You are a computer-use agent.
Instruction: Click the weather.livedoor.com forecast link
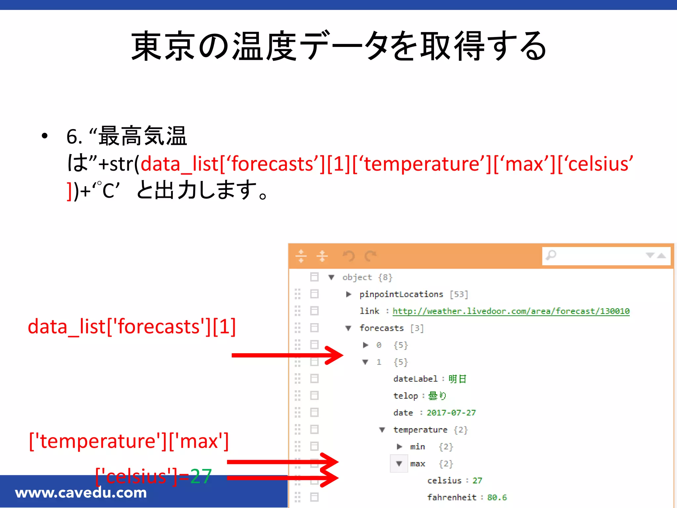511,311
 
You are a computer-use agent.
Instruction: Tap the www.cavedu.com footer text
81,493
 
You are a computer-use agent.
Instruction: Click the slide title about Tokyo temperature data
338,46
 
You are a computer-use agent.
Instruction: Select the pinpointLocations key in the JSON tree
401,294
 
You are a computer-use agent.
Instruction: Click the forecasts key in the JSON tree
381,328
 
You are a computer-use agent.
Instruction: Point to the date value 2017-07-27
451,413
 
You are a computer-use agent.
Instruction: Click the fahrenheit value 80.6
497,497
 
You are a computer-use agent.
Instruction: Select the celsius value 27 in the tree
477,481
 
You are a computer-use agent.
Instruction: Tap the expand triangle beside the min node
399,447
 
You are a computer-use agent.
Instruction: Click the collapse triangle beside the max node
399,464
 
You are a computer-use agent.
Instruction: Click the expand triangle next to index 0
365,345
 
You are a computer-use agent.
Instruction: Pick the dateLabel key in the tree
415,379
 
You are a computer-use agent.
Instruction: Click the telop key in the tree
406,396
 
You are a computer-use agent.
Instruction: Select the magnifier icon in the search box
551,255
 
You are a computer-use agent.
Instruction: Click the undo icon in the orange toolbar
348,256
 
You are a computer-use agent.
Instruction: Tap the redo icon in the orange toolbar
370,256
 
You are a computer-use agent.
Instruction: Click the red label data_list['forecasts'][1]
132,327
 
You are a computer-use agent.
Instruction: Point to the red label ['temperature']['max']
129,441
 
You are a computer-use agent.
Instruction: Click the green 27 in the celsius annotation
201,477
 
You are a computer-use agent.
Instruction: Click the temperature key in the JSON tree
420,430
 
